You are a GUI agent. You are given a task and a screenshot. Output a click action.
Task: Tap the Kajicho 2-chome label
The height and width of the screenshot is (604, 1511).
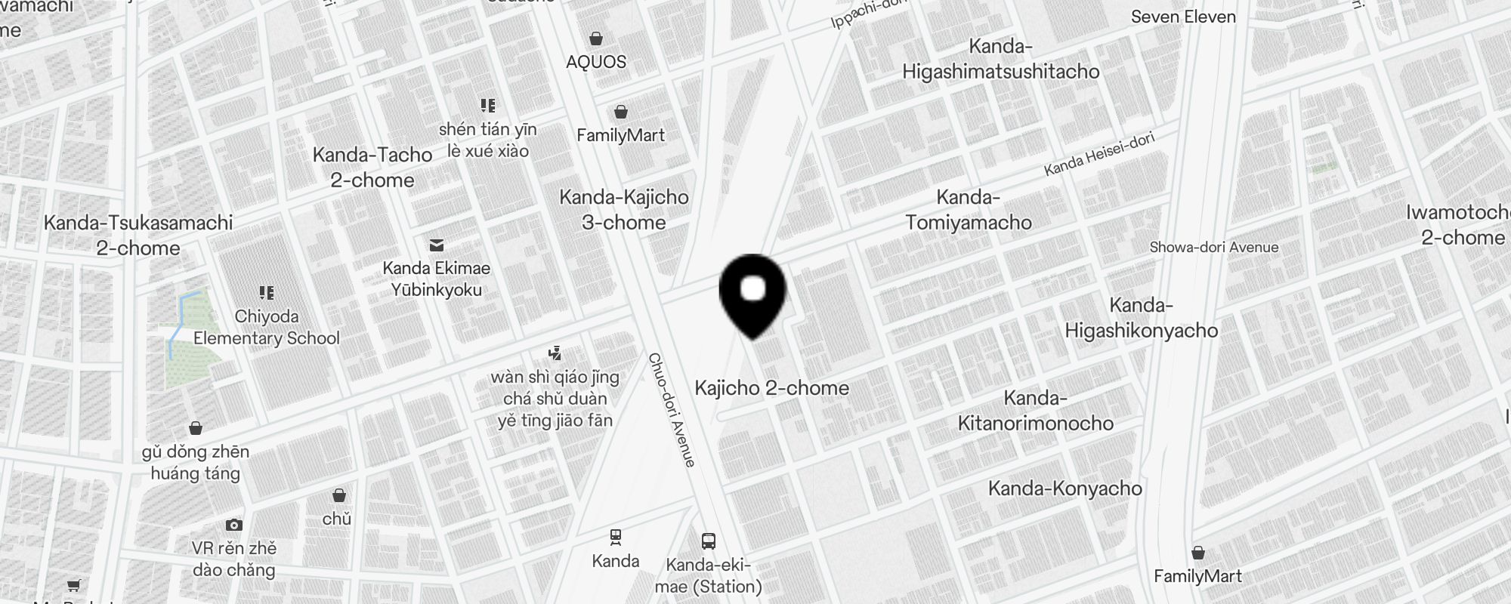[771, 388]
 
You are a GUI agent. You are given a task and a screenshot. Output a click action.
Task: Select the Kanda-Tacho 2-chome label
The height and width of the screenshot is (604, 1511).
[372, 168]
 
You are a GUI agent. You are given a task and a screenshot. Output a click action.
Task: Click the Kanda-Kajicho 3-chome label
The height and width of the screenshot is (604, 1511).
[624, 210]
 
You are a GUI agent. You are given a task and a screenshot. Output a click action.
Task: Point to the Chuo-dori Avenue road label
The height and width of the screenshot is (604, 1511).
[672, 410]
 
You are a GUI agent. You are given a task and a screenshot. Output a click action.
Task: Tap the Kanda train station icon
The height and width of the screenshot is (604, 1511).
[616, 537]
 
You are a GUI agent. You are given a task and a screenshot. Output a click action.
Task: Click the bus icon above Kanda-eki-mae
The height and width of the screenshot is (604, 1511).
[709, 541]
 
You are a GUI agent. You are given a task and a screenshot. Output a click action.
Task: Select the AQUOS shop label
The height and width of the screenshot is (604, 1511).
[596, 62]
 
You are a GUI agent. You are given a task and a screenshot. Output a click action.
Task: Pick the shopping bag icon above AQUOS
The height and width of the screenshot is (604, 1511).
[596, 38]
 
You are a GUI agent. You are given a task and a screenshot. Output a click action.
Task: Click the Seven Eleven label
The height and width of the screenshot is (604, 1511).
[1183, 17]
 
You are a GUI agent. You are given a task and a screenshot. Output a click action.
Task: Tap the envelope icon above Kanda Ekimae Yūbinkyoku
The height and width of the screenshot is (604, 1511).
[437, 245]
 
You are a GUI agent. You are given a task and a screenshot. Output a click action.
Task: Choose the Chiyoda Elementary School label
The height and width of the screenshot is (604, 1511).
[267, 327]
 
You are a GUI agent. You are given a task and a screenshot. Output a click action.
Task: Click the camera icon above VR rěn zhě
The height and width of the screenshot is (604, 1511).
[234, 525]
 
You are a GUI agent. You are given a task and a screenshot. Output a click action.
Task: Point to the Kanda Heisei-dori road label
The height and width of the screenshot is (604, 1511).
[1099, 155]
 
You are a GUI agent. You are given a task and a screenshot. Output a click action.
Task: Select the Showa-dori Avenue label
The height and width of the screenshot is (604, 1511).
[1213, 247]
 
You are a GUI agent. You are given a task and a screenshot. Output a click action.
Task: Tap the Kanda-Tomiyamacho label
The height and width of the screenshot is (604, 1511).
[969, 210]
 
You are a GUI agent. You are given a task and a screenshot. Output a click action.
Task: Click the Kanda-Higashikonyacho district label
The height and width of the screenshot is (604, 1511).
[1141, 318]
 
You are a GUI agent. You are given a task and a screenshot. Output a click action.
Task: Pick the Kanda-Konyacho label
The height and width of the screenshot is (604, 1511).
[1064, 488]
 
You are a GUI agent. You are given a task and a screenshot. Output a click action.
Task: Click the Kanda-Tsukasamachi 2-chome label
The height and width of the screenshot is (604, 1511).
[138, 236]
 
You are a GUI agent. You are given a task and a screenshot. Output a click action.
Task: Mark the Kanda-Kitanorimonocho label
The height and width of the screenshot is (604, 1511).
[1035, 411]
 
